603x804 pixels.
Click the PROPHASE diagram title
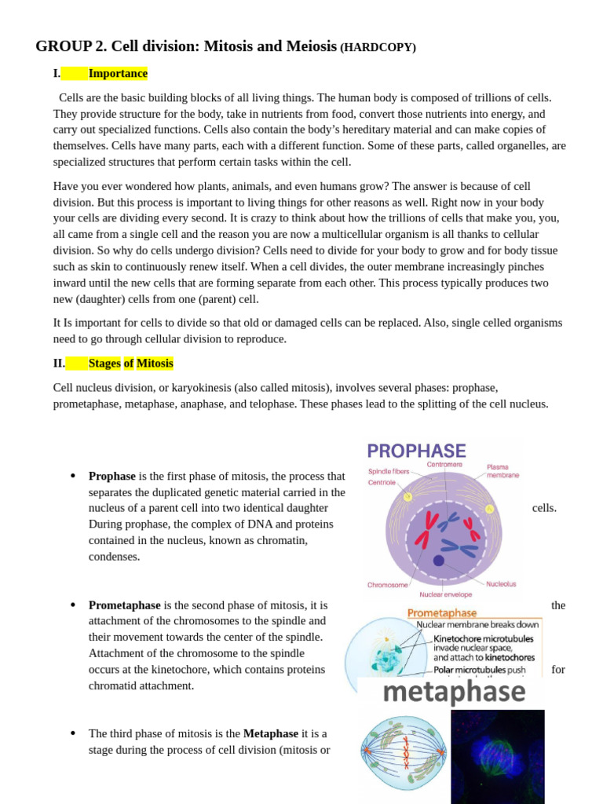point(416,451)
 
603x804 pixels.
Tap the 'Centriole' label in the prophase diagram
point(382,482)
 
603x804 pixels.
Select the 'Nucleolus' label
point(501,583)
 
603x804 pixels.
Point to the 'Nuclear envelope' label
point(445,594)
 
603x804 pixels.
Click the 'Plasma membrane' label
point(502,471)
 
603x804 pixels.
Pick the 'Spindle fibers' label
point(389,471)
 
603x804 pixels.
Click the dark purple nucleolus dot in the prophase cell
point(438,561)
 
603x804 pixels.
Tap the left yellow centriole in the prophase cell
point(407,497)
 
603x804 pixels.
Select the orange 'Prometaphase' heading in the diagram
point(441,612)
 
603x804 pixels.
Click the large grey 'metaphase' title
point(453,693)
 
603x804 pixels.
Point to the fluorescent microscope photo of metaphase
point(497,756)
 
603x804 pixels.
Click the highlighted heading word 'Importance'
point(118,73)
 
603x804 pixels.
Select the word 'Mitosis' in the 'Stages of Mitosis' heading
point(155,363)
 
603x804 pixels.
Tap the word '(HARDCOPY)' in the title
point(378,47)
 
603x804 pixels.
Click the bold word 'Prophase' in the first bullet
point(112,476)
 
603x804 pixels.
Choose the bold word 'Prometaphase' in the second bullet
point(124,605)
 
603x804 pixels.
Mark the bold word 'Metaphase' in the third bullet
point(271,733)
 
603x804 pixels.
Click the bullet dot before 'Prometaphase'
point(72,605)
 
